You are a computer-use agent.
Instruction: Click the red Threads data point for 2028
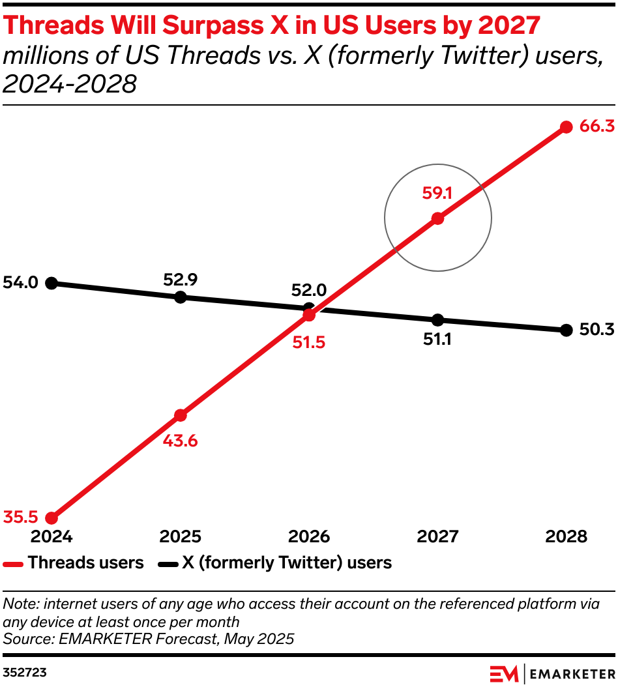(x=566, y=127)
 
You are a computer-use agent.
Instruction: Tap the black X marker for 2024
(x=52, y=283)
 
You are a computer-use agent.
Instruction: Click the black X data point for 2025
(x=181, y=297)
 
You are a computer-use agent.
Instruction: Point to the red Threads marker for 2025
(x=181, y=415)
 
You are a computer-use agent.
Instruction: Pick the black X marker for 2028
(x=566, y=330)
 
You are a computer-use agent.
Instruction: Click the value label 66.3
(x=596, y=126)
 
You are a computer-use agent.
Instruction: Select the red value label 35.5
(x=20, y=518)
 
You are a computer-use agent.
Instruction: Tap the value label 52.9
(x=181, y=280)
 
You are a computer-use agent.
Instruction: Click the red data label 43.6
(x=181, y=441)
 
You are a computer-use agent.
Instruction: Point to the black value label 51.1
(x=437, y=340)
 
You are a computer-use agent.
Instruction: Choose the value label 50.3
(x=596, y=330)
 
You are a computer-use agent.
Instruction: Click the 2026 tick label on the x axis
(x=309, y=536)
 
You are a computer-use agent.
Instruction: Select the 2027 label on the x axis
(x=437, y=536)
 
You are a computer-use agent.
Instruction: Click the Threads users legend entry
(x=85, y=563)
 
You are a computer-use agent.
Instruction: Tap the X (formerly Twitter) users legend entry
(x=287, y=563)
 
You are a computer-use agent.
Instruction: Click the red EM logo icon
(x=505, y=673)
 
